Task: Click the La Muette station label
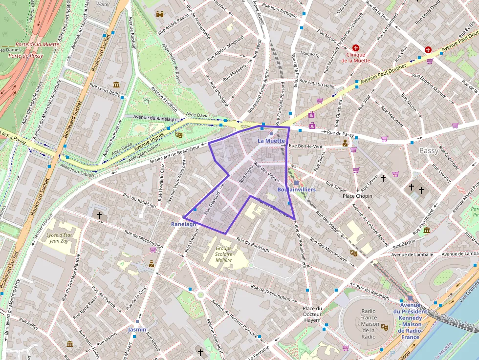coord(271,141)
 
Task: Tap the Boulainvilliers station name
coord(296,189)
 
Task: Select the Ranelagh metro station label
coord(183,224)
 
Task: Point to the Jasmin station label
coord(137,330)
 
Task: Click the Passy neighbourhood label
coord(429,151)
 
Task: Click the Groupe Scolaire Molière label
coord(223,254)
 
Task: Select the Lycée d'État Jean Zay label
coord(59,238)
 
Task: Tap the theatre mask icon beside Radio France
coord(384,327)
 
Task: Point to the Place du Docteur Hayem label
coord(312,314)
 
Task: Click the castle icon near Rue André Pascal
coord(159,15)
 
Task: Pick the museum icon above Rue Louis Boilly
coord(116,85)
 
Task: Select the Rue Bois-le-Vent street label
coord(306,146)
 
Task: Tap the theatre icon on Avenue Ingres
coord(179,133)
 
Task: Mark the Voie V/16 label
coord(310,55)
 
